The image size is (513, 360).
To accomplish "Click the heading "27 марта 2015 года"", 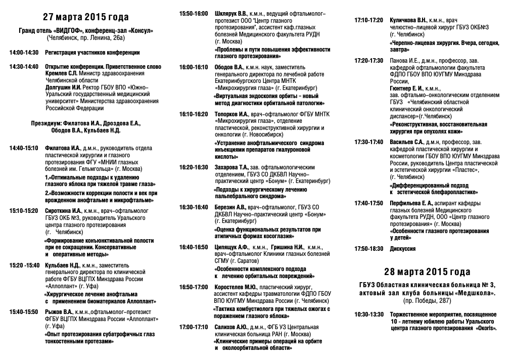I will (x=85, y=17).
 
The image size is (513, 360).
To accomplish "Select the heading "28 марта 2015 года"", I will (x=427, y=272).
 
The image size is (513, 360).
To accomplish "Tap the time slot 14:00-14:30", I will (x=24, y=52).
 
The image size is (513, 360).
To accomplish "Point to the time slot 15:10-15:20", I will (x=24, y=210).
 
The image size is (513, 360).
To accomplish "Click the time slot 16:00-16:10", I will (x=194, y=67).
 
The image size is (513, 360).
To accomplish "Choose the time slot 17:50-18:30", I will (x=369, y=249).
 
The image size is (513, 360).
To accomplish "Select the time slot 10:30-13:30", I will (x=369, y=314).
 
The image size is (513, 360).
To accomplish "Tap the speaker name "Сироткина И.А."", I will (x=63, y=210).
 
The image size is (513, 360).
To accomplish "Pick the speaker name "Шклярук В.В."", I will (x=231, y=14).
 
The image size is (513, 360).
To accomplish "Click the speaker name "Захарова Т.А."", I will (x=231, y=167).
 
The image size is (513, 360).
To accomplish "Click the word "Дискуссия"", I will (x=403, y=249).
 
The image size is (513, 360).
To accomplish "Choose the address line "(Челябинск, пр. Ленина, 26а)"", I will (x=85, y=37).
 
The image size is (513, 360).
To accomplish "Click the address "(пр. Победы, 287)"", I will (x=427, y=301).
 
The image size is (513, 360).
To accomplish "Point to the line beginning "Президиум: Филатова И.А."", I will (x=85, y=123).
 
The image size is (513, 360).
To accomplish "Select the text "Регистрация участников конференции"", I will (x=92, y=52).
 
